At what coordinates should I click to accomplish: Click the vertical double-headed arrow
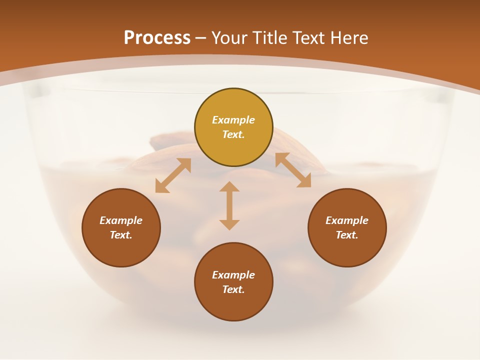(x=229, y=206)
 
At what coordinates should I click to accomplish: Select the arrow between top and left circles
(x=173, y=175)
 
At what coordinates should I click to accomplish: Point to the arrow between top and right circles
(x=293, y=170)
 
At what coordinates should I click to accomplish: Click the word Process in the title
(x=157, y=37)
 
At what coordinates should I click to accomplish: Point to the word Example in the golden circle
(x=233, y=120)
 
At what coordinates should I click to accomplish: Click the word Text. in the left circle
(x=121, y=235)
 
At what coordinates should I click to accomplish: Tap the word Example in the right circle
(x=347, y=220)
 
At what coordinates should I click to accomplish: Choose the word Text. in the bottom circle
(x=233, y=289)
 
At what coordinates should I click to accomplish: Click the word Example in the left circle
(x=121, y=220)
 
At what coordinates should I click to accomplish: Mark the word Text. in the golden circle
(x=233, y=134)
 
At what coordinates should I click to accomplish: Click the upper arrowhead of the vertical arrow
(x=229, y=187)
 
